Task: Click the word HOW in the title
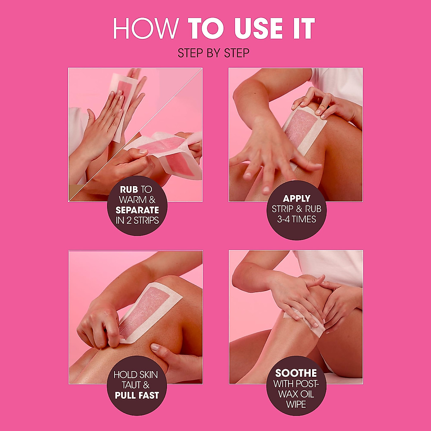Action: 145,29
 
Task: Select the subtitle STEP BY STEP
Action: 213,54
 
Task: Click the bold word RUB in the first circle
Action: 129,190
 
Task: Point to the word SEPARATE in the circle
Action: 137,210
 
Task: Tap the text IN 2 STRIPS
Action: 137,221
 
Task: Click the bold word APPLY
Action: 296,199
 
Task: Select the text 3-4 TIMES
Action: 296,219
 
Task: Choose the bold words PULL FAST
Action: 137,395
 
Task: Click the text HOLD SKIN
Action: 136,375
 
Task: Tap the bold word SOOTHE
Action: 296,373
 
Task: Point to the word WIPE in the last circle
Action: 296,404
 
